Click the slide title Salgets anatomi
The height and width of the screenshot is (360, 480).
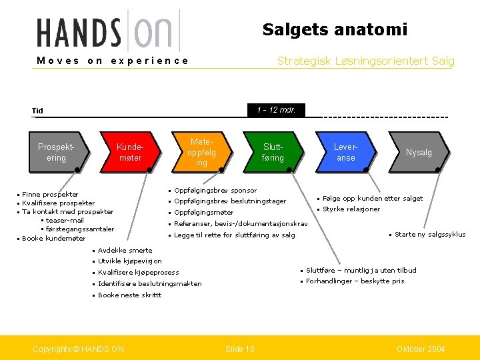pos(335,29)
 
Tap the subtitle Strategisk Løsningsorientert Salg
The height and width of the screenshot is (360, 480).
pos(365,61)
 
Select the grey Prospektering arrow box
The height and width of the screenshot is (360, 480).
pos(57,153)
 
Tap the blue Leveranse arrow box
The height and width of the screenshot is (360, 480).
pos(345,153)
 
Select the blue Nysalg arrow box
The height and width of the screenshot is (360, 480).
pos(418,153)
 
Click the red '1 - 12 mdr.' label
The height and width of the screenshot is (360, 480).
pos(276,110)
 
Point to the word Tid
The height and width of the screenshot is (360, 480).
pos(37,111)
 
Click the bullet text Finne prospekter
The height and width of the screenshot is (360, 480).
pos(50,195)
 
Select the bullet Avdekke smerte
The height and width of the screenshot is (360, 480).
pos(125,250)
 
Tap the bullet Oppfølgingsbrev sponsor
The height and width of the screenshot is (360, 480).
pos(215,191)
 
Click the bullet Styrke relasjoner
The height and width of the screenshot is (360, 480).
pos(351,209)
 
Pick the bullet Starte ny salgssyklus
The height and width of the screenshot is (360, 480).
pos(430,235)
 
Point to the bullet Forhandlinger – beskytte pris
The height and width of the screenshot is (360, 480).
pos(355,281)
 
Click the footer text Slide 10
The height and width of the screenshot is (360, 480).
pos(239,349)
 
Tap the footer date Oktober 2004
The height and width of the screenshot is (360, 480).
pos(420,349)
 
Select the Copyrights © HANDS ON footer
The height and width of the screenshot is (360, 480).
pos(78,349)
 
